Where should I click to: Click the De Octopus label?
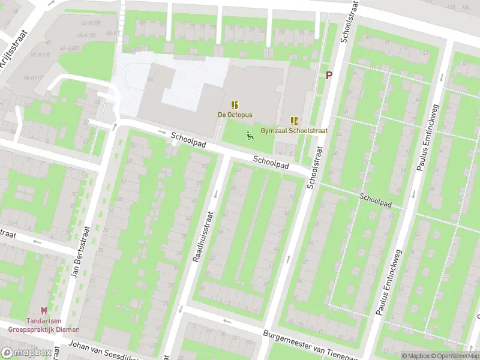click(x=235, y=114)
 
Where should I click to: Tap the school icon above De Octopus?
click(x=235, y=104)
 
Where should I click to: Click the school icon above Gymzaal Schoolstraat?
click(x=294, y=120)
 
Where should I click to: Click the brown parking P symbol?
click(x=328, y=75)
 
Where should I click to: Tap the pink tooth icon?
click(x=43, y=311)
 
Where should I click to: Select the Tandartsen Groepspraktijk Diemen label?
click(x=43, y=325)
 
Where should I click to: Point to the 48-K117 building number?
click(x=34, y=78)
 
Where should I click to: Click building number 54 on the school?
click(x=151, y=80)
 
